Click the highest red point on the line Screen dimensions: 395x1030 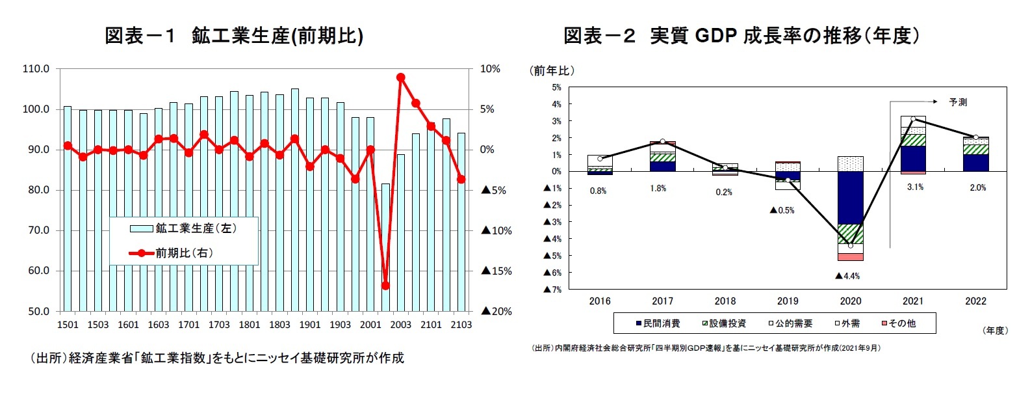(x=400, y=77)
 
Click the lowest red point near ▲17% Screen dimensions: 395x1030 (x=385, y=286)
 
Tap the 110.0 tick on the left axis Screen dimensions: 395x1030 (x=36, y=68)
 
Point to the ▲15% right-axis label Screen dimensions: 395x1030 (x=496, y=271)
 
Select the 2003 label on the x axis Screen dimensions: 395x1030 (x=400, y=325)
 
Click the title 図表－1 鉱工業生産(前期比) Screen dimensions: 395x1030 (x=234, y=36)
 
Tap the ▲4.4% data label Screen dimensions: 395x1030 (x=847, y=276)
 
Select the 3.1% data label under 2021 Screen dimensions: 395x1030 (x=915, y=187)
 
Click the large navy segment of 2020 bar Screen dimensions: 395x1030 (x=850, y=197)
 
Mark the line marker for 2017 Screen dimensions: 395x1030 (x=662, y=141)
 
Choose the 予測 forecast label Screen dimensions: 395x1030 (x=958, y=102)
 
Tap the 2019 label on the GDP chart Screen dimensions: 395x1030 (x=788, y=301)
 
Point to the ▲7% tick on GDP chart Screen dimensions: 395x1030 (x=552, y=290)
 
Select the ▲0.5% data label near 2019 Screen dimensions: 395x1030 (x=782, y=210)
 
